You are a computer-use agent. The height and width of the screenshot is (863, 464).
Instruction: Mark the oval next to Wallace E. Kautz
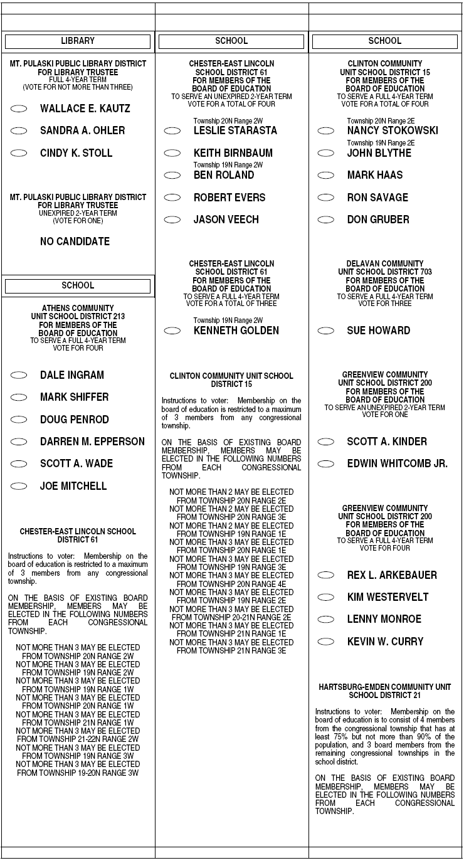point(19,109)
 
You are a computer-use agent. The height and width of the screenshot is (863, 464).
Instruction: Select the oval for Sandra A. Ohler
point(19,130)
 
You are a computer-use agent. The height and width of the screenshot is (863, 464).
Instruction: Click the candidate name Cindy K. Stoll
point(76,153)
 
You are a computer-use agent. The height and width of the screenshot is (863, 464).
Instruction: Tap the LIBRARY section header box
point(78,41)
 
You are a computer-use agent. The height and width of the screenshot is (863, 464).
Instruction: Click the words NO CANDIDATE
point(75,241)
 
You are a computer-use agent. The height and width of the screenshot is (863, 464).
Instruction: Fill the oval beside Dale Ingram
point(19,375)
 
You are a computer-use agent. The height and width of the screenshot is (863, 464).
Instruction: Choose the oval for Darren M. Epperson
point(19,442)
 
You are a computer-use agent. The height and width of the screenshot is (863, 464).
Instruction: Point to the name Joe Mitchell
point(73,486)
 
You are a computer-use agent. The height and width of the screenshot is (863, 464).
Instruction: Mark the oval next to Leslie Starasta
point(172,130)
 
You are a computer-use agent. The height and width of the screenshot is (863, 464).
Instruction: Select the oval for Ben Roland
point(172,175)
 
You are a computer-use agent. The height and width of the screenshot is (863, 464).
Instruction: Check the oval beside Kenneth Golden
point(172,331)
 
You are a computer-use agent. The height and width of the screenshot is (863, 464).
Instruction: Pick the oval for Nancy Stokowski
point(326,130)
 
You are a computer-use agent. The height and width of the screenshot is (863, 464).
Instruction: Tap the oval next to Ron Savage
point(326,198)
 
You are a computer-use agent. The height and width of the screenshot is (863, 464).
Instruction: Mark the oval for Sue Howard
point(326,331)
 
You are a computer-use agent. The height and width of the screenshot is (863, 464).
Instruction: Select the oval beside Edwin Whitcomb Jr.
point(326,464)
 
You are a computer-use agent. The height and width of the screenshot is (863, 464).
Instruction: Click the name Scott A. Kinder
point(387,442)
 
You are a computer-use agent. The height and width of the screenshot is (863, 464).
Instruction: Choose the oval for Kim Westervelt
point(326,597)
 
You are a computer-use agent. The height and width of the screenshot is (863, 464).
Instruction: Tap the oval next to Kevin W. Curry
point(326,642)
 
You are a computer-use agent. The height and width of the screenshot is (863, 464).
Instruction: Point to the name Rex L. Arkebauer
point(392,575)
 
